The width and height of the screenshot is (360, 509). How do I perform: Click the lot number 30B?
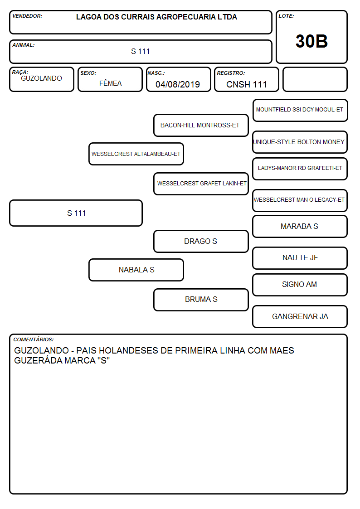point(311,41)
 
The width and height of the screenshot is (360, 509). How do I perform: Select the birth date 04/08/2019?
point(178,84)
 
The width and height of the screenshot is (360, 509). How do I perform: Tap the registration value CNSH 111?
point(246,84)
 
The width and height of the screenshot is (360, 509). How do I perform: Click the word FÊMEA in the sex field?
point(110,83)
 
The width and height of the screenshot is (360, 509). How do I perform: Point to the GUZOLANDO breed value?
point(41,78)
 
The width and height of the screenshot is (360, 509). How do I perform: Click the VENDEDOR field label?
point(27,16)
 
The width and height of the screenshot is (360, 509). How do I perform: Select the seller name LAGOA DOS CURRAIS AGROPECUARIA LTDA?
point(156,17)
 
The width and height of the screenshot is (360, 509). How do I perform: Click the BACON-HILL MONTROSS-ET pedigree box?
point(201,125)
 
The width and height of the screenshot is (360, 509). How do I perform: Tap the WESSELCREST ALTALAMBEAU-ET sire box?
point(136,154)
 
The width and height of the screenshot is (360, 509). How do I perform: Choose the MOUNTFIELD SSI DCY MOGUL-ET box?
point(300,111)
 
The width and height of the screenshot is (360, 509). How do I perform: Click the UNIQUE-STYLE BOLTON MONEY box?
point(300,142)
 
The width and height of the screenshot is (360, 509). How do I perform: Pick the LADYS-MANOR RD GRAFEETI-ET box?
point(300,169)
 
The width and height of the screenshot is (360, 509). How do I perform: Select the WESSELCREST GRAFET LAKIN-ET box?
point(201,184)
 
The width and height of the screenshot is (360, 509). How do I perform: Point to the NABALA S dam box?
point(136,270)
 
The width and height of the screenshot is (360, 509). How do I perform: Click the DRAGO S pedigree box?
point(201,241)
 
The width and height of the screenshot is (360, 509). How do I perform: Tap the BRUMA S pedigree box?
point(201,300)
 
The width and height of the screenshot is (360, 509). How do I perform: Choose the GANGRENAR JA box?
point(300,316)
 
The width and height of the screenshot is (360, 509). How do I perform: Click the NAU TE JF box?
point(300,258)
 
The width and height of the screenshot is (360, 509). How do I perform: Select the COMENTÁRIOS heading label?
point(34,339)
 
